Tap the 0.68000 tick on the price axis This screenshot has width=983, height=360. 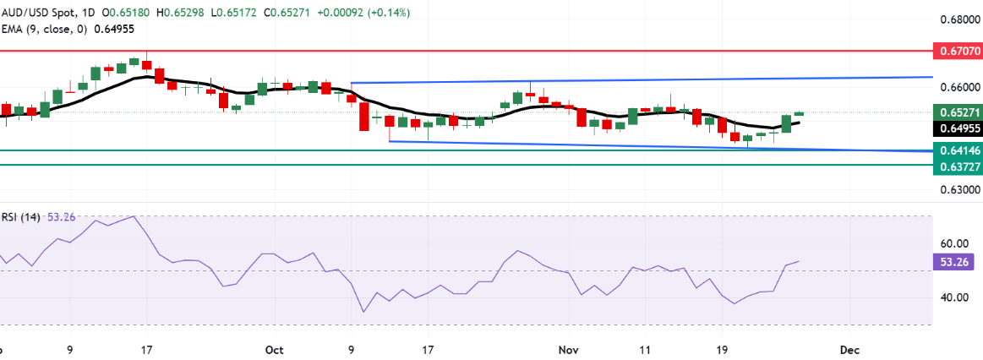958,19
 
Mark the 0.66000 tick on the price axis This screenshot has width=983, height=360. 958,87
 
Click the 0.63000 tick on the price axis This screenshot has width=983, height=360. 958,191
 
